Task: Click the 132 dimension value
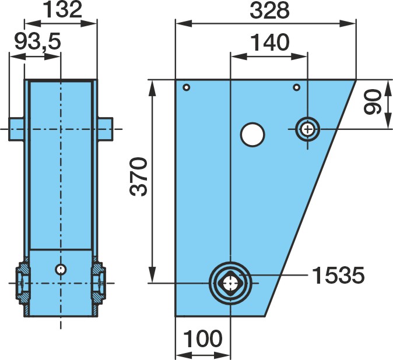62,10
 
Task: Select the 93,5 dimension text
38,41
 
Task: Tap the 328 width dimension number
270,10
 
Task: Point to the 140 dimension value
270,42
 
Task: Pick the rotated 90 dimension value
373,102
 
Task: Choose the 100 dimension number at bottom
203,338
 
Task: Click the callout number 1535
338,276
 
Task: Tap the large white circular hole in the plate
252,135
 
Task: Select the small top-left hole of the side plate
187,87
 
